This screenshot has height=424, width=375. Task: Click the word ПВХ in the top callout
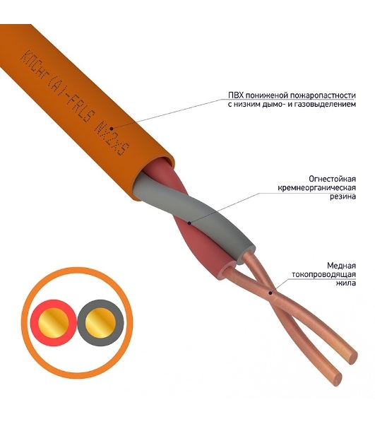[237, 95]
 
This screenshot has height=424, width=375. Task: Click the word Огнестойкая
[333, 179]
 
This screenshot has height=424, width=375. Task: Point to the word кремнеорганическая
[317, 188]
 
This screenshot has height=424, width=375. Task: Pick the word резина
[343, 196]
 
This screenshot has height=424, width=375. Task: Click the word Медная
[342, 266]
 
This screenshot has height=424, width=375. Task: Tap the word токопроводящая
[323, 274]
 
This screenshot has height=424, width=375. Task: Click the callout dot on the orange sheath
[112, 129]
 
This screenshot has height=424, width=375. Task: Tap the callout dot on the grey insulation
[189, 223]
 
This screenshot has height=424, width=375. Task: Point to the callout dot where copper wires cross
[270, 293]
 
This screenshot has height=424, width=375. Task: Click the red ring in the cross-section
[35, 323]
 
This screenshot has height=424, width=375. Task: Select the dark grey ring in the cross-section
[119, 323]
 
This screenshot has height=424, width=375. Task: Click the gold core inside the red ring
[54, 323]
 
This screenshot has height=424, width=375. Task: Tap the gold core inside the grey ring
[100, 323]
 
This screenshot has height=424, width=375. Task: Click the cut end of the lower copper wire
[336, 378]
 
